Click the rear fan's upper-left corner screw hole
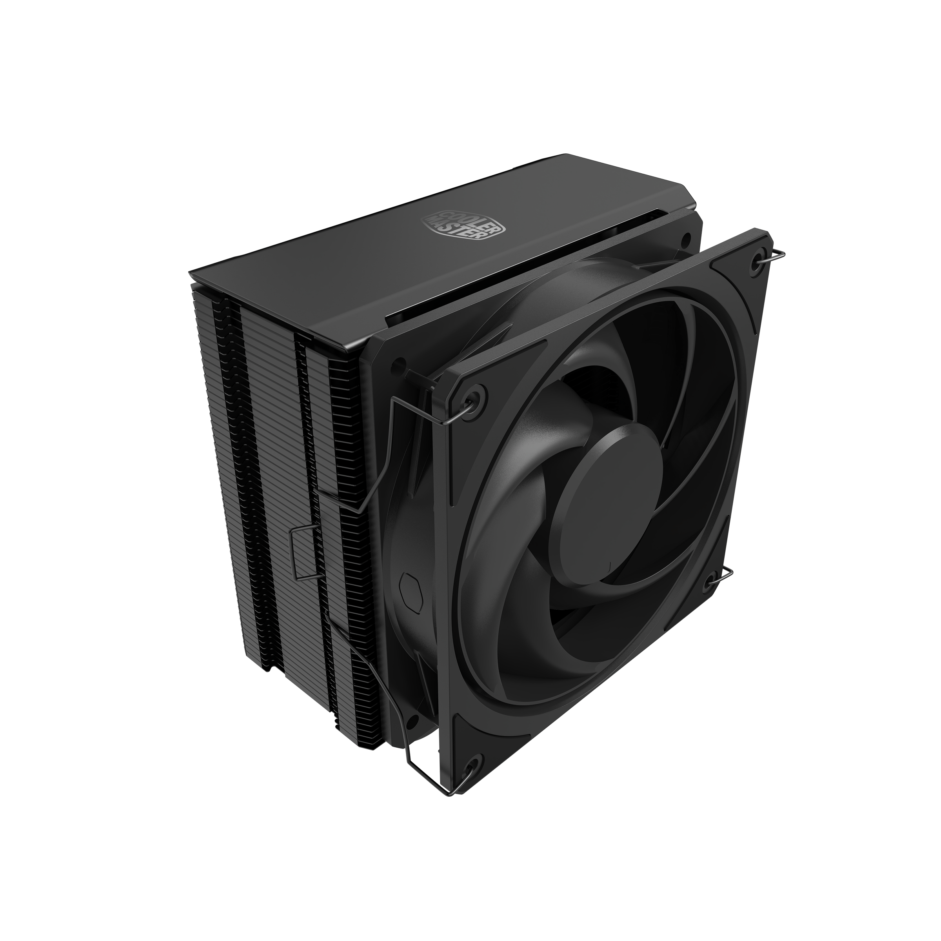(400, 362)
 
